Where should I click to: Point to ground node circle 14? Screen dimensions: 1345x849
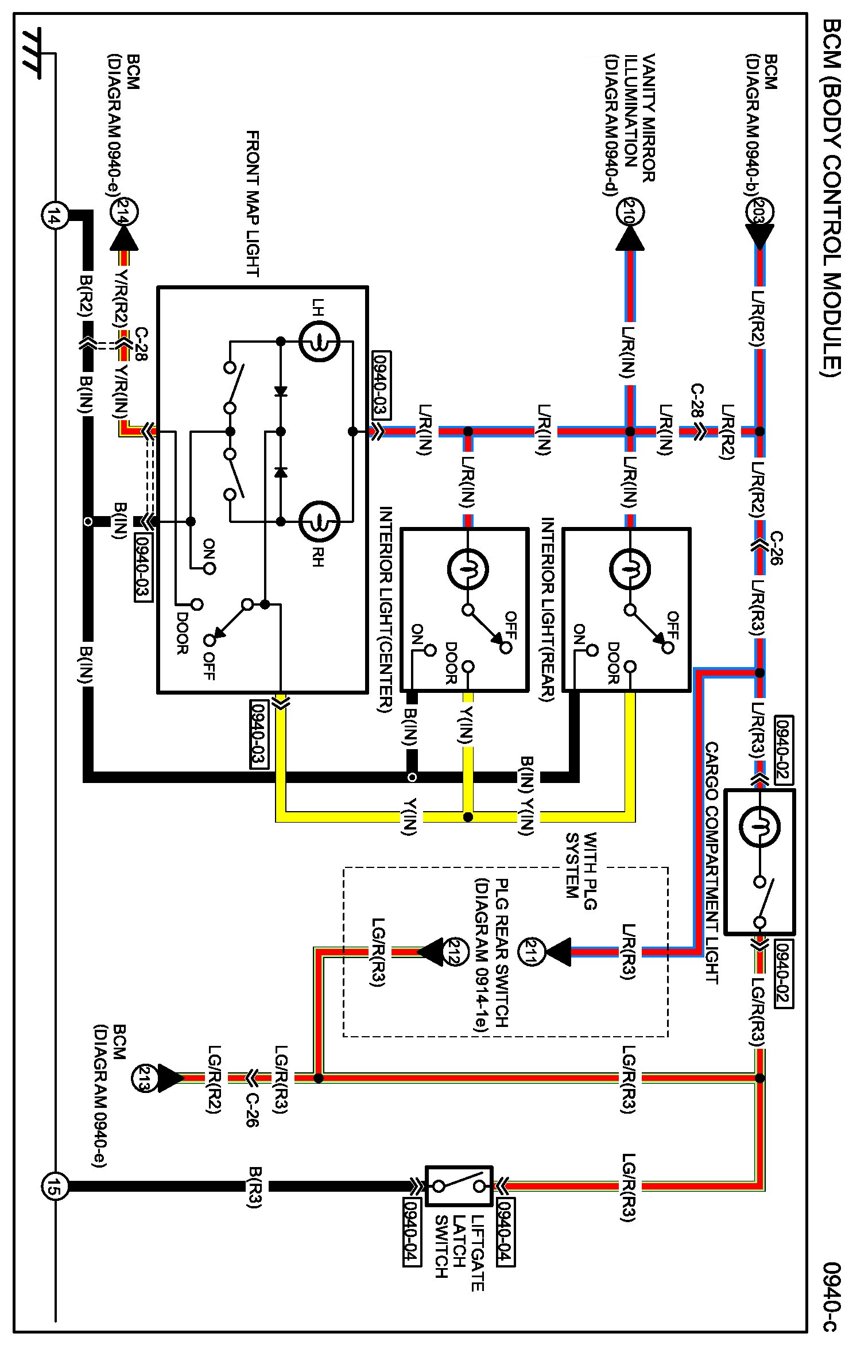tap(55, 216)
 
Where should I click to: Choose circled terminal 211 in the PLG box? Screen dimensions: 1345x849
tap(531, 952)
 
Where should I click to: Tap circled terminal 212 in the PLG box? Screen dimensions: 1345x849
tap(457, 952)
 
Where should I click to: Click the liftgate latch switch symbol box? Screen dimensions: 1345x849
tap(459, 1186)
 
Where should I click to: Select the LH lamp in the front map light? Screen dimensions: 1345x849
tap(319, 341)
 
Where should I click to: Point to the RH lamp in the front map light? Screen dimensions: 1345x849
tap(319, 521)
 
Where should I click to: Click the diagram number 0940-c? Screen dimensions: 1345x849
tap(831, 1298)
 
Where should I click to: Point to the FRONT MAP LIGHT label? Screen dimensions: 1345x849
tap(253, 203)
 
